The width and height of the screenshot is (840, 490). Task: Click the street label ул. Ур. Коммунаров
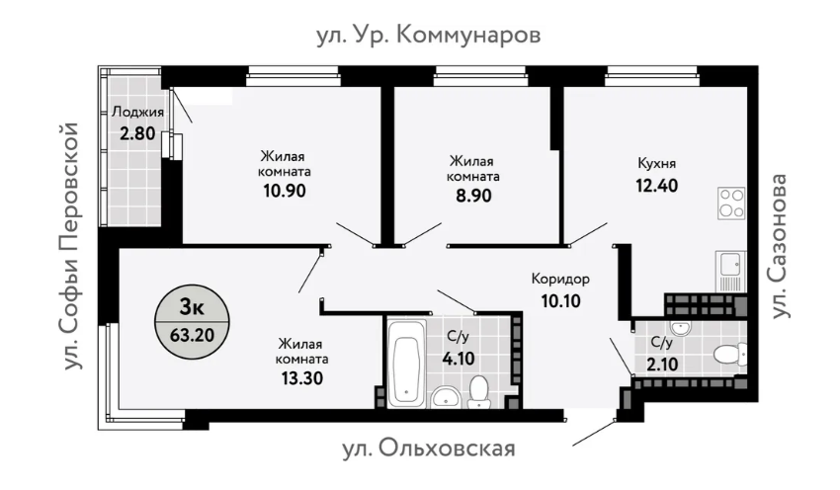(429, 37)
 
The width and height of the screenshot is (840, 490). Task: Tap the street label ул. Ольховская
(429, 449)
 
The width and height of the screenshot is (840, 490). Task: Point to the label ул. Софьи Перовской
(69, 247)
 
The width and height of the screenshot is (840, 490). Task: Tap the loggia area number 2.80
(137, 133)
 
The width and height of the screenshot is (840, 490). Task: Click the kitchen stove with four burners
(731, 203)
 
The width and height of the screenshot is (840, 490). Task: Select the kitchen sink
(731, 266)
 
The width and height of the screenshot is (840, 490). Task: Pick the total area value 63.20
(192, 334)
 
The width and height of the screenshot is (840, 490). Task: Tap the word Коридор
(560, 279)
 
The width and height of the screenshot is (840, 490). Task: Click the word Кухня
(656, 163)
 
